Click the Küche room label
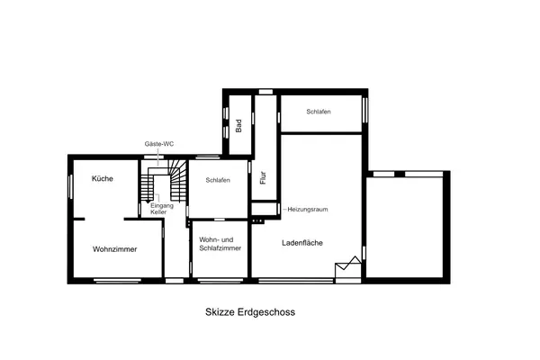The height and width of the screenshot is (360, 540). pyautogui.click(x=103, y=178)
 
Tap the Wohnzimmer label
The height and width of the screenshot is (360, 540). pyautogui.click(x=114, y=249)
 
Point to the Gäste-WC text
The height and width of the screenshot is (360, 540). pyautogui.click(x=159, y=144)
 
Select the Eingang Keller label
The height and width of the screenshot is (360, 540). pyautogui.click(x=161, y=209)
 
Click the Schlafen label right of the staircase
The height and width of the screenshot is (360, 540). pyautogui.click(x=218, y=180)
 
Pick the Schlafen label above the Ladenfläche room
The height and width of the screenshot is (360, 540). pyautogui.click(x=319, y=112)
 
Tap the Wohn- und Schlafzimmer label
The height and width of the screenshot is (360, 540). pyautogui.click(x=220, y=244)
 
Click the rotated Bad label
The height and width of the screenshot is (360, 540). pyautogui.click(x=238, y=126)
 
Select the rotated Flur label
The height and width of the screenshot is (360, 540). pyautogui.click(x=264, y=178)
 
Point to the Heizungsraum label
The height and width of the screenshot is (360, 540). pyautogui.click(x=308, y=209)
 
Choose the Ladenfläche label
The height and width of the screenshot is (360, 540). pyautogui.click(x=302, y=243)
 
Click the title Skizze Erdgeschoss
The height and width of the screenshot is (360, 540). pyautogui.click(x=250, y=312)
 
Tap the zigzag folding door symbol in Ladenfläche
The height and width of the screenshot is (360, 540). pyautogui.click(x=348, y=263)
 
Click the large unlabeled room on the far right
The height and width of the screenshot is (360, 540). pyautogui.click(x=405, y=227)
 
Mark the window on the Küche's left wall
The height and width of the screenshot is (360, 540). pyautogui.click(x=70, y=186)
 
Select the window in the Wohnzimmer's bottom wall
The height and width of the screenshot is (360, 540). pyautogui.click(x=117, y=281)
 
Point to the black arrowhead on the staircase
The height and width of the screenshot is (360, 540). pyautogui.click(x=148, y=201)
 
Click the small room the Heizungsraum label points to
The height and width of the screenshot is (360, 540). pyautogui.click(x=264, y=209)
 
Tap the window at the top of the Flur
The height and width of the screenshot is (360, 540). pyautogui.click(x=265, y=92)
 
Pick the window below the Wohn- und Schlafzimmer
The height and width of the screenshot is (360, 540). pyautogui.click(x=220, y=281)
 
